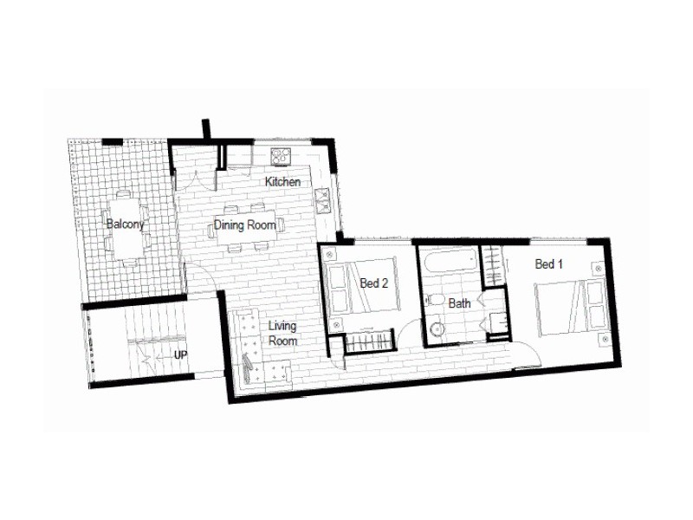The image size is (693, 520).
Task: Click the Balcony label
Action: (x=125, y=224)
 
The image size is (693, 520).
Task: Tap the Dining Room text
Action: (x=245, y=225)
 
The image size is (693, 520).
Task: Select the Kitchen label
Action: (x=282, y=182)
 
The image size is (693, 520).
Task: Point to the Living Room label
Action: (x=282, y=334)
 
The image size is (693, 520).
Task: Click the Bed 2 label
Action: (x=374, y=283)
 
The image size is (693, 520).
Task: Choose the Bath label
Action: (x=459, y=303)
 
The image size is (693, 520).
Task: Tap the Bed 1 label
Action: (x=549, y=264)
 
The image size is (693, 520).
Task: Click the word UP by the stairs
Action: (x=181, y=355)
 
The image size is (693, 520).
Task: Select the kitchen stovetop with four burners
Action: (x=281, y=156)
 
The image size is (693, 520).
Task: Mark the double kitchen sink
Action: (x=324, y=200)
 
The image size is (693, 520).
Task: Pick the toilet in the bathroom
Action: (x=436, y=302)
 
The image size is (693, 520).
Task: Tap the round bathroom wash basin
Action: (x=437, y=330)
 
